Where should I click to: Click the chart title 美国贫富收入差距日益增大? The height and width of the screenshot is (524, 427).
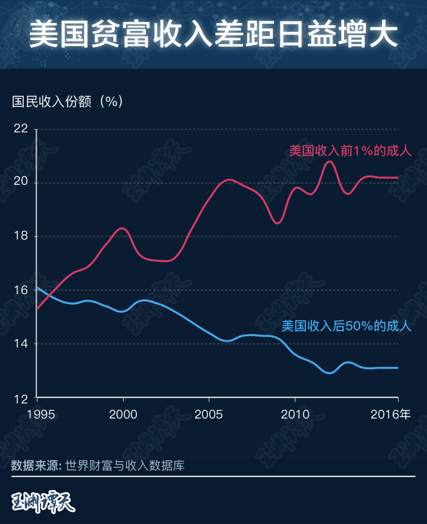tap(213, 35)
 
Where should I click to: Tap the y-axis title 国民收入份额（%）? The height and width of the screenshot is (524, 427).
tap(68, 101)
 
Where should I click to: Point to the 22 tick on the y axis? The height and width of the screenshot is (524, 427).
tap(21, 128)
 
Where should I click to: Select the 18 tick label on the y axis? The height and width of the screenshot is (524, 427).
tap(21, 236)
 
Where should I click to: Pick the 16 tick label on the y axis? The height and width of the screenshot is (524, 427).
tap(21, 290)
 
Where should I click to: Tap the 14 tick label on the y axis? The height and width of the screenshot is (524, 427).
tap(21, 344)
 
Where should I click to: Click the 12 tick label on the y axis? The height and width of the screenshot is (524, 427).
tap(21, 399)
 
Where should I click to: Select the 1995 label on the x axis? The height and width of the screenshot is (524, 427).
tap(41, 414)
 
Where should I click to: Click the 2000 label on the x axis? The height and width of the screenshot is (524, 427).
tap(123, 414)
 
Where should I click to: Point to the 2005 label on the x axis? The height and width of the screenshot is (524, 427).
tap(209, 414)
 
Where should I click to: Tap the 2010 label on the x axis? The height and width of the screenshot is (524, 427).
tap(295, 414)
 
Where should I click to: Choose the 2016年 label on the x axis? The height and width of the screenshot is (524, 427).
tap(390, 414)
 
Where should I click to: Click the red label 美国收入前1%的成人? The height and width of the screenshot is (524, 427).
tap(350, 151)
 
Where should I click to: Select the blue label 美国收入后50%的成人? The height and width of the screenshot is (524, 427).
tap(346, 326)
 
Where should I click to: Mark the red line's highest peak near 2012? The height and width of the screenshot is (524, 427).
tap(329, 162)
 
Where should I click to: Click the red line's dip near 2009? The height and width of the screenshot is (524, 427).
tap(277, 223)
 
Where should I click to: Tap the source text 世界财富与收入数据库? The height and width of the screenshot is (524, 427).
tap(125, 466)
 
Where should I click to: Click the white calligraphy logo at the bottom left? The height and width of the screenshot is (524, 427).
tap(43, 501)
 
